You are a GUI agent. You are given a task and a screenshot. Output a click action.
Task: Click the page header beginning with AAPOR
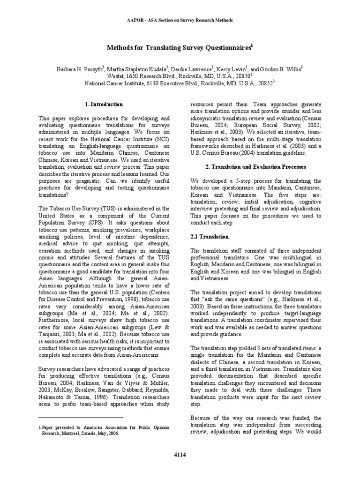180,21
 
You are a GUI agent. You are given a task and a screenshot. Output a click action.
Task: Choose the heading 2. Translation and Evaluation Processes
255,167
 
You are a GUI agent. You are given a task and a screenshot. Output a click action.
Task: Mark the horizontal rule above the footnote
81,416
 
